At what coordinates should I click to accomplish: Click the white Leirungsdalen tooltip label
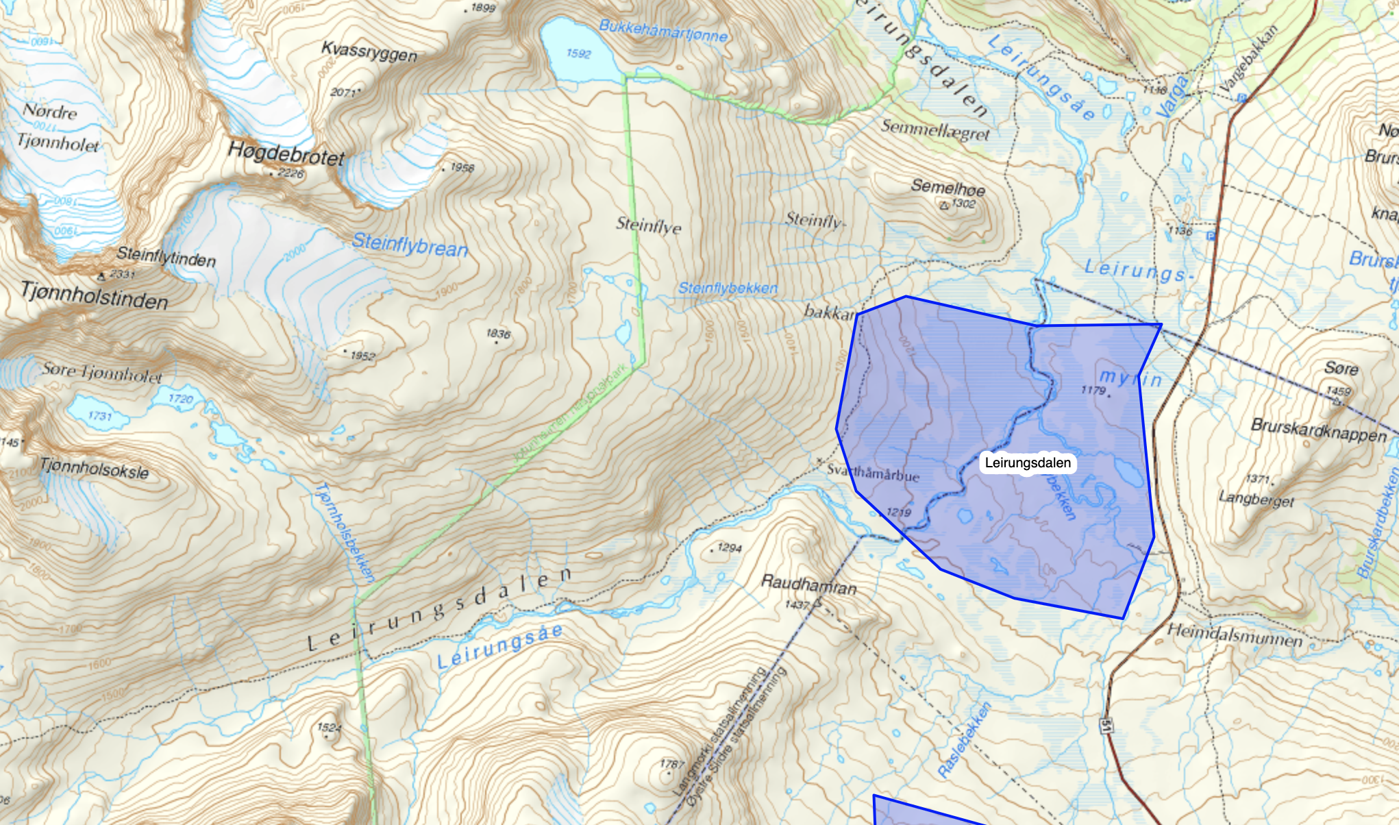click(1027, 463)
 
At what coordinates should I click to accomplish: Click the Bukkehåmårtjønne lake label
click(663, 31)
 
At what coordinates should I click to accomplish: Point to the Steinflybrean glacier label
click(410, 245)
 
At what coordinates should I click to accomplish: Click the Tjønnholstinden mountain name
click(95, 296)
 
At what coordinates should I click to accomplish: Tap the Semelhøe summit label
click(948, 187)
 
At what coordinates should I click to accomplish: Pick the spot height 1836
click(498, 334)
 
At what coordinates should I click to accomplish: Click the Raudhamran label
click(809, 584)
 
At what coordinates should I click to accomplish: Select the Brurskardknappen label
click(1318, 430)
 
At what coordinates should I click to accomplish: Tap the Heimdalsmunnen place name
click(1235, 635)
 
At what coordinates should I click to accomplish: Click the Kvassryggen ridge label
click(369, 51)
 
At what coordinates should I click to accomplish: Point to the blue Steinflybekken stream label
click(728, 288)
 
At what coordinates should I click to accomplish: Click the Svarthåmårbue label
click(873, 473)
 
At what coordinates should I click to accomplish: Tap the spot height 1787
click(671, 763)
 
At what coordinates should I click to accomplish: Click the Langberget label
click(1256, 499)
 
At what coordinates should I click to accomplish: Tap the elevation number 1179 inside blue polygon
click(1093, 390)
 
